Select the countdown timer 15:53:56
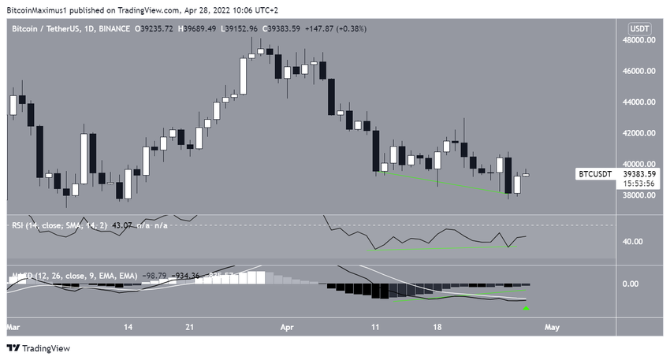point(636,184)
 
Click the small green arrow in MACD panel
point(526,308)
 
